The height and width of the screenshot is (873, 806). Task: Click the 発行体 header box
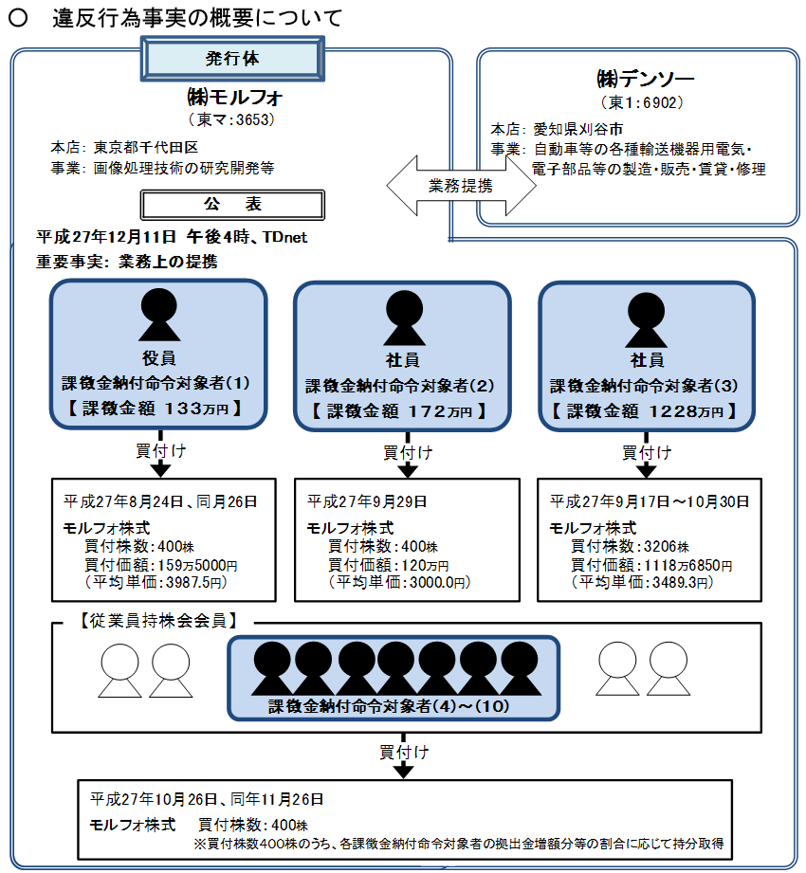(x=232, y=59)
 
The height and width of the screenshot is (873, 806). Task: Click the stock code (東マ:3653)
(x=232, y=119)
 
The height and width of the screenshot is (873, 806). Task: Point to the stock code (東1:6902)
(x=642, y=101)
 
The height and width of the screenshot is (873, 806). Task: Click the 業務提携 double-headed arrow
(x=460, y=185)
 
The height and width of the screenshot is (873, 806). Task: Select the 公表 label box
(x=232, y=204)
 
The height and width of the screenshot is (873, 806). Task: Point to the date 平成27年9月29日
(x=367, y=500)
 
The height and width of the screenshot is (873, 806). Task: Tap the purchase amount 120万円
(x=384, y=565)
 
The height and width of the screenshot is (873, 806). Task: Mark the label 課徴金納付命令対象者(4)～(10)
(x=393, y=706)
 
